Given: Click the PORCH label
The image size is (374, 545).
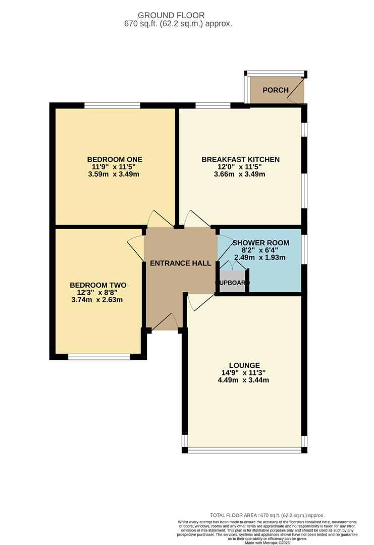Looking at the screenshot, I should tap(276, 90).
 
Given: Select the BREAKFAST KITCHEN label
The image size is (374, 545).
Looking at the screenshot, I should tap(240, 159).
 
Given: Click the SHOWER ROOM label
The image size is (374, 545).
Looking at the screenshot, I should tap(261, 243).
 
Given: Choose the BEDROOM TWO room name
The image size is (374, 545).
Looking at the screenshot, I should tap(98, 285).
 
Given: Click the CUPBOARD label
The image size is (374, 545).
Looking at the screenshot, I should tap(233, 283).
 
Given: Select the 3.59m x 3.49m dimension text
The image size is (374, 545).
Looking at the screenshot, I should tap(113, 174).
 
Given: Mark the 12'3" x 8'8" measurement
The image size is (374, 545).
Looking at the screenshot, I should tap(98, 293).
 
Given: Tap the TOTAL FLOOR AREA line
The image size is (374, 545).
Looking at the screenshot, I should tap(267, 515).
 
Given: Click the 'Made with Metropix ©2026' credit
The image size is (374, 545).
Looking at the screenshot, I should tap(268, 542).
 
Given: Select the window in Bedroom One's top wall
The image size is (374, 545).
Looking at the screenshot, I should tap(112, 105).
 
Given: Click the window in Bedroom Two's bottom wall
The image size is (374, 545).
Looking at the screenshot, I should tap(99, 357).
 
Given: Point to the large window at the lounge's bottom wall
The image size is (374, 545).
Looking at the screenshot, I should tap(244, 449).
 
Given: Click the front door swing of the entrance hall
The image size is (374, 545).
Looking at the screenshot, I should tap(165, 323).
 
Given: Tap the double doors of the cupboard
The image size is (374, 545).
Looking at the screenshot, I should tap(232, 266).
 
